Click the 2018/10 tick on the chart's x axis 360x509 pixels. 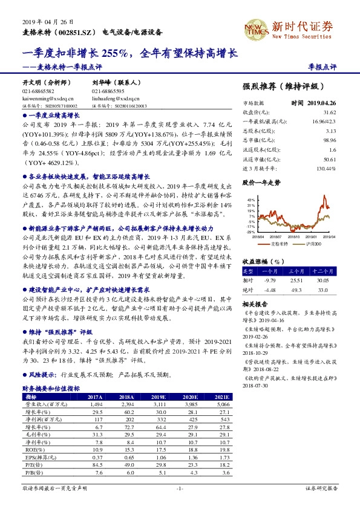295,238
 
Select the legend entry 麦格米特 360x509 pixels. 278,244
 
